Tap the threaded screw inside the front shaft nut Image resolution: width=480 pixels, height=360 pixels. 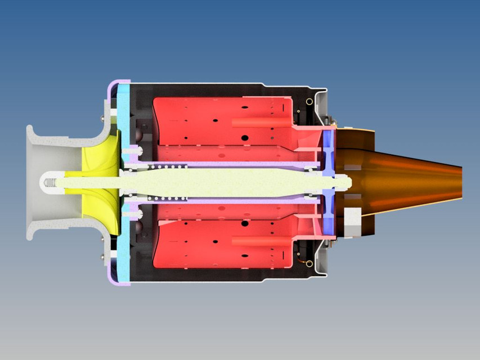[x=50, y=182]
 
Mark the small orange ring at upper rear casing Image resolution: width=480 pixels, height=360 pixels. [x=309, y=101]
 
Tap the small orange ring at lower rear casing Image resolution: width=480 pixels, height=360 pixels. [x=309, y=263]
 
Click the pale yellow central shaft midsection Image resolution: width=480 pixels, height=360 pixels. [x=225, y=182]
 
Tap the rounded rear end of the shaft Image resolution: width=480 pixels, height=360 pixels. [x=348, y=182]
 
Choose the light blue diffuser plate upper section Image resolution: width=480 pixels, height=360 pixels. [x=125, y=112]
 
